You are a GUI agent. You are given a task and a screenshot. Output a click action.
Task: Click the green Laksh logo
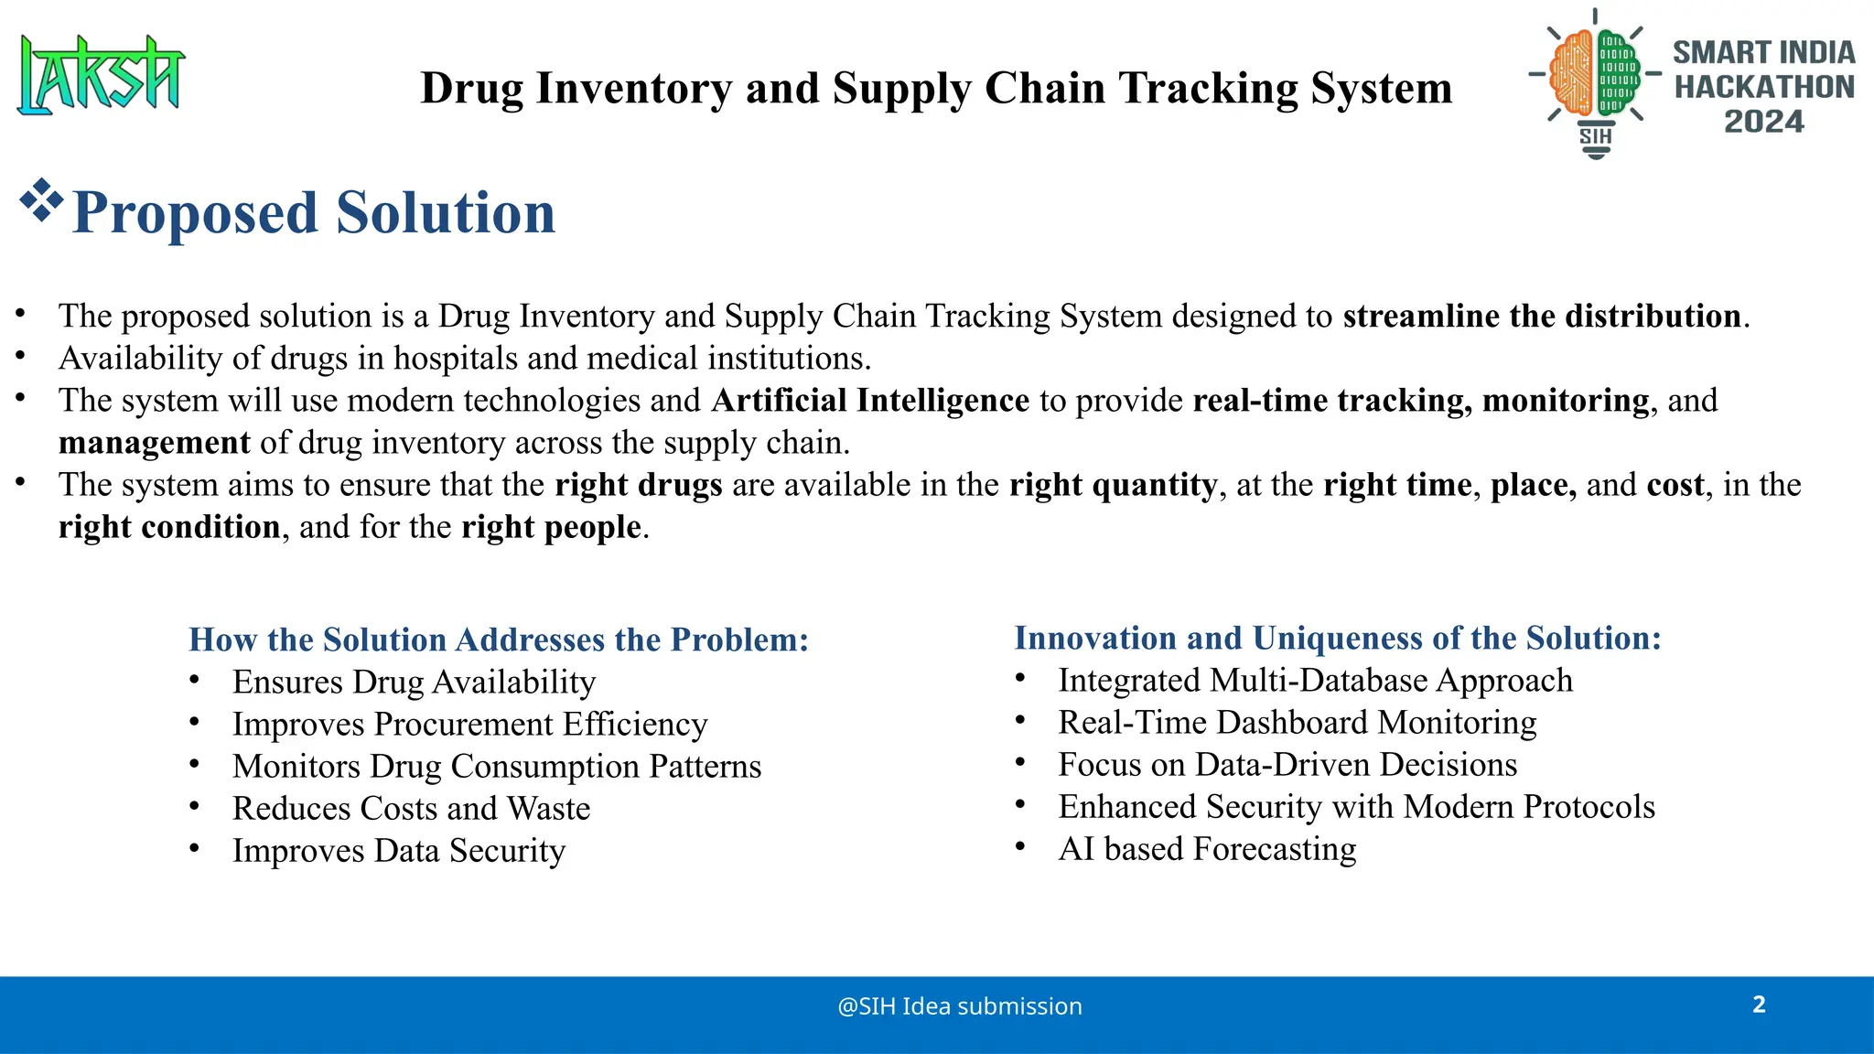click(x=101, y=75)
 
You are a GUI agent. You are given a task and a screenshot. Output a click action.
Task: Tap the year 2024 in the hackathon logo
click(x=1763, y=122)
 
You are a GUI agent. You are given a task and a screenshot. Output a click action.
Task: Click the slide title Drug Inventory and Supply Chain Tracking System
click(x=935, y=89)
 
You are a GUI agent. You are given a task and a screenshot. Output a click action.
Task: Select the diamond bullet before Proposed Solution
click(x=41, y=201)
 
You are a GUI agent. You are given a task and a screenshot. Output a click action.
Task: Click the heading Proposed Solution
click(x=313, y=212)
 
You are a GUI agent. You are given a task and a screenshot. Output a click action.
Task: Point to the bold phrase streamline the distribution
click(x=1541, y=316)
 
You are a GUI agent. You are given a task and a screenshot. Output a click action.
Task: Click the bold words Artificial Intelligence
click(x=870, y=401)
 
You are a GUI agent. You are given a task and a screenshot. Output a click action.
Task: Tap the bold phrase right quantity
click(x=1113, y=485)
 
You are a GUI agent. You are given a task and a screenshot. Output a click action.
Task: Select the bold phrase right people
click(x=551, y=527)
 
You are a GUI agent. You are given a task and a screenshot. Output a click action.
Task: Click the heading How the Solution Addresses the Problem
click(x=499, y=640)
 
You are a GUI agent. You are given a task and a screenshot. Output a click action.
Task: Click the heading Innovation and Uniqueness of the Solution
click(x=1337, y=638)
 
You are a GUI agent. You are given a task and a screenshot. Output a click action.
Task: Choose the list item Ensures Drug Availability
click(x=414, y=682)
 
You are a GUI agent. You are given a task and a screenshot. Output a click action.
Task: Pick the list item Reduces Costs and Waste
click(x=411, y=809)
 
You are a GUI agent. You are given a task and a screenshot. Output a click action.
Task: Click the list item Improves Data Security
click(x=399, y=851)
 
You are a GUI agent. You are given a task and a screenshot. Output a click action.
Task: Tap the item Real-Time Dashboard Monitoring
click(x=1297, y=723)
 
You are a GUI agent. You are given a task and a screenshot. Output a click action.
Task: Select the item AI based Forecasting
click(x=1207, y=849)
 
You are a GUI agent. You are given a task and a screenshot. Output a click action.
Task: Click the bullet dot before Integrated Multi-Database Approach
click(x=1020, y=678)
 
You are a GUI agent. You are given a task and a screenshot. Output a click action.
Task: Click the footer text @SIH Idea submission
click(x=959, y=1006)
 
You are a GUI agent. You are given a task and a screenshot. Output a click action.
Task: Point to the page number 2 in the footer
click(x=1759, y=1005)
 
